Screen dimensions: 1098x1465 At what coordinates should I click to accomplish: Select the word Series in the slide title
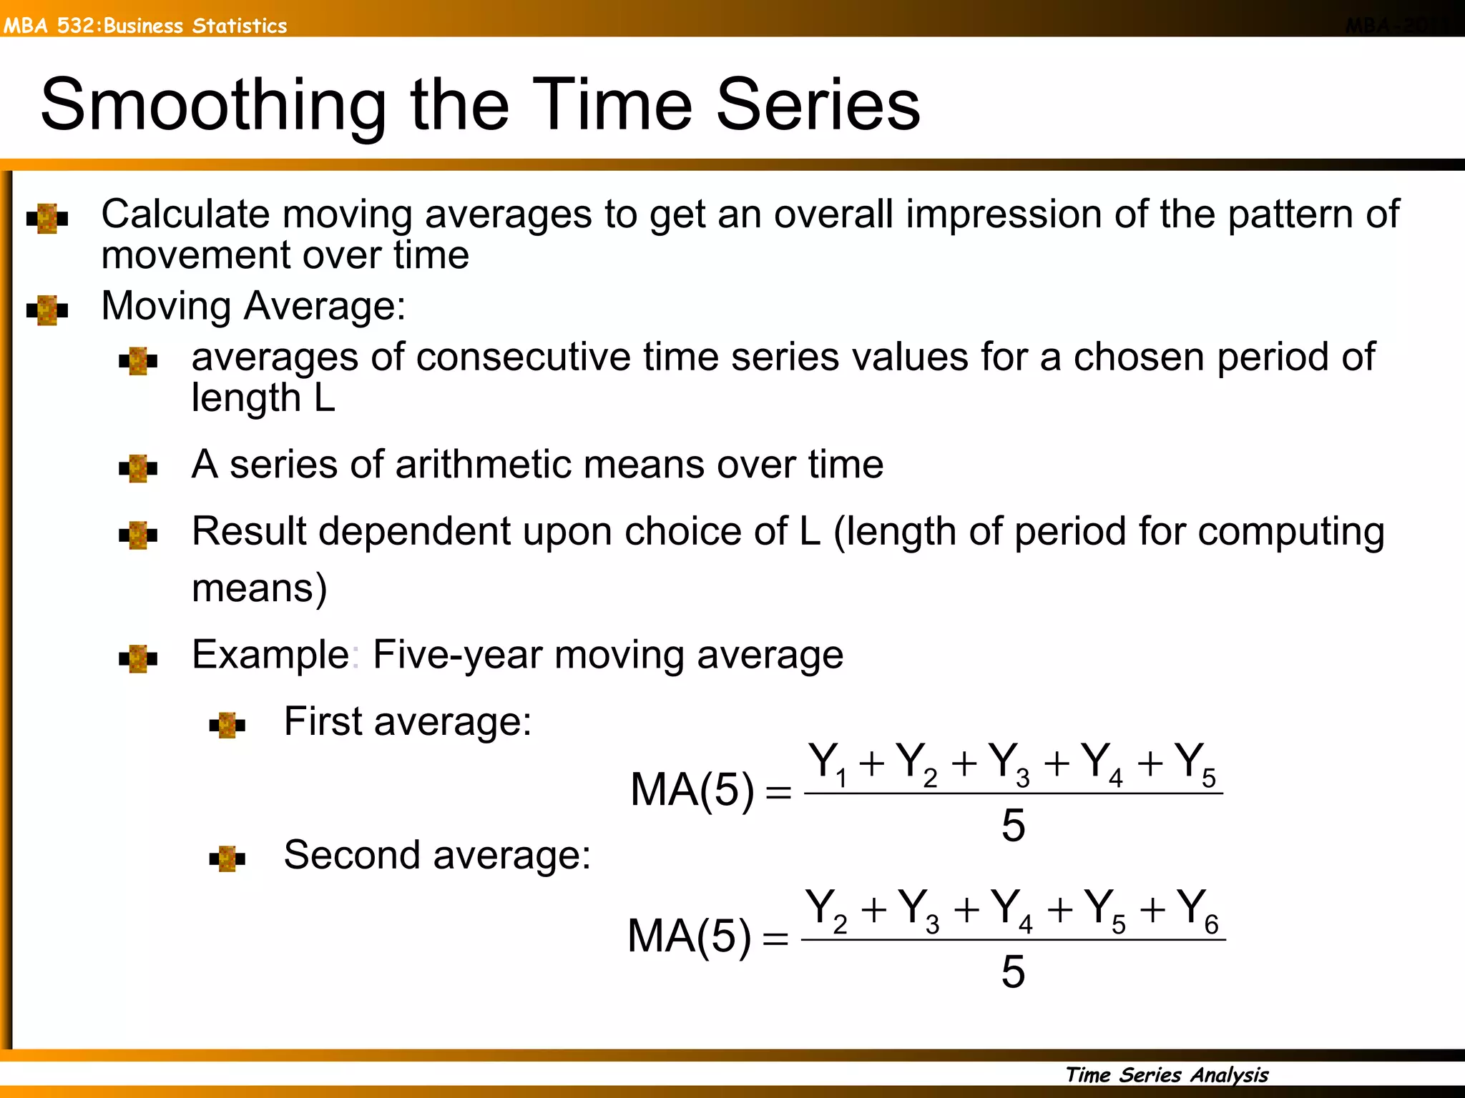pos(818,106)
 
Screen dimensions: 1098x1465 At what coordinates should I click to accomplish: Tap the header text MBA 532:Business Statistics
pos(145,26)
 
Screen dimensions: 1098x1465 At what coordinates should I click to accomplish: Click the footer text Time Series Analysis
pos(1167,1074)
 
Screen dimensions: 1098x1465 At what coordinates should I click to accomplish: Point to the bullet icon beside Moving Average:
pos(47,310)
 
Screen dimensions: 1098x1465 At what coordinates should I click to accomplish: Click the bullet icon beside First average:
pos(227,725)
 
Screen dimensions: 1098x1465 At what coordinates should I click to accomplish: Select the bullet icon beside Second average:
pos(227,858)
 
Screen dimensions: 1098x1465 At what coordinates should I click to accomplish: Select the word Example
pos(270,655)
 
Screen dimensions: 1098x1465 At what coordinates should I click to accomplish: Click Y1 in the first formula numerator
pos(828,763)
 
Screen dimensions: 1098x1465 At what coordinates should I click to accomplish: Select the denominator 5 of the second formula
pos(1013,971)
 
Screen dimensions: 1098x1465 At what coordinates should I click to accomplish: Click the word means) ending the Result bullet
pos(260,589)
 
